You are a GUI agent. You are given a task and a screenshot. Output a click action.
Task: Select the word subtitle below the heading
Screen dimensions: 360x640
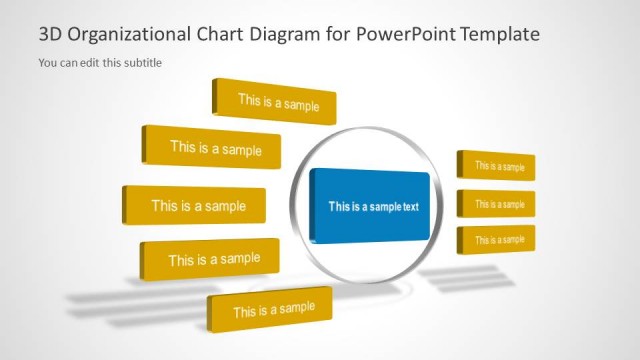point(142,63)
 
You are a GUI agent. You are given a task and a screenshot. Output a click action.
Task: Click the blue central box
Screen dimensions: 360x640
point(370,207)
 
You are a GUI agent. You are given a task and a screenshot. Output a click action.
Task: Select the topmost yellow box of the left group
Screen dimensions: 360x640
point(276,102)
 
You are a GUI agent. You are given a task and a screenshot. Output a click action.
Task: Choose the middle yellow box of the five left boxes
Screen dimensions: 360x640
point(196,206)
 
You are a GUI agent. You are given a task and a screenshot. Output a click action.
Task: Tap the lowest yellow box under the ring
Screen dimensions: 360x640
point(272,310)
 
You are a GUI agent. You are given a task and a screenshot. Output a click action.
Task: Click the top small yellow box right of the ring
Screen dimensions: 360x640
point(497,166)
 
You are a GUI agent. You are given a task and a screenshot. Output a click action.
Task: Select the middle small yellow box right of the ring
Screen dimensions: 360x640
point(497,204)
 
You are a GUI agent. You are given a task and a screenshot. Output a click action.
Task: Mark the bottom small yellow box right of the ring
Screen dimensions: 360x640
point(497,240)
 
